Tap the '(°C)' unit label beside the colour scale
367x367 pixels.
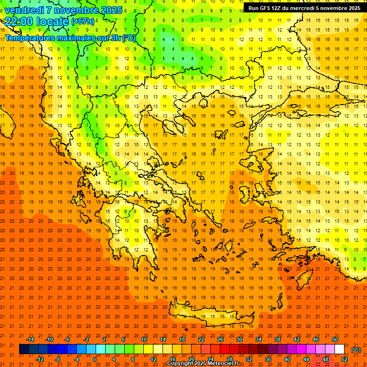coord(356,350)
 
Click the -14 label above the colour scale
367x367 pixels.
coord(30,339)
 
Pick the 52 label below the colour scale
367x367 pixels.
coord(345,359)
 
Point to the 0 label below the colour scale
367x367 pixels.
coord(95,359)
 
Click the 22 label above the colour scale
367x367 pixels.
coord(201,339)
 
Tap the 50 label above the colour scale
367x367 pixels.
coord(335,339)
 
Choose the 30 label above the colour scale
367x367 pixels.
coord(239,339)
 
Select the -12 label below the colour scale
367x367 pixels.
coord(40,359)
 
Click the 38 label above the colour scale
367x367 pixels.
coord(278,339)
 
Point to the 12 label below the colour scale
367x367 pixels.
coord(153,359)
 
